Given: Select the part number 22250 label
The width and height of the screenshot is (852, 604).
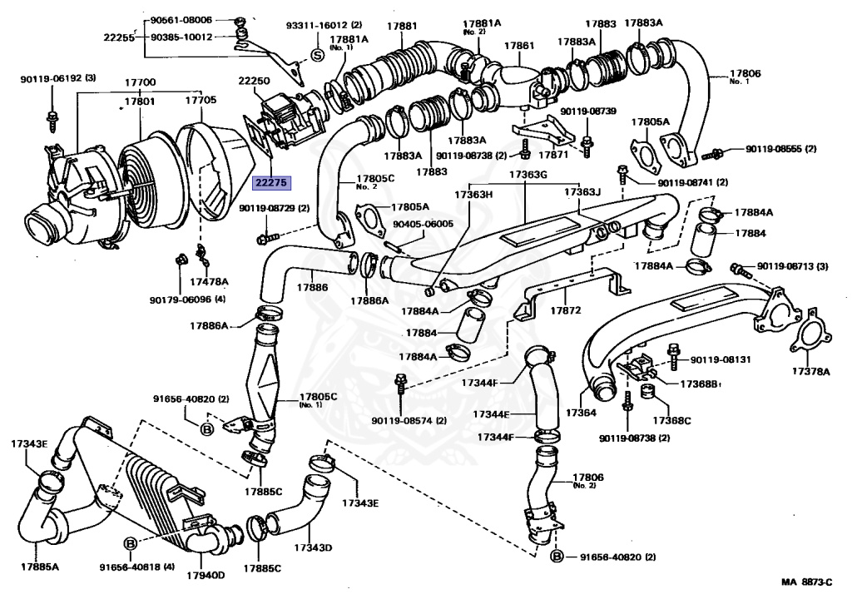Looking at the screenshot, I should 255,81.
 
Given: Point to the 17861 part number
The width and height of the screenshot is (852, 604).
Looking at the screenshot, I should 519,46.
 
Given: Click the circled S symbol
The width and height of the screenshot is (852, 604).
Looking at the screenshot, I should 316,56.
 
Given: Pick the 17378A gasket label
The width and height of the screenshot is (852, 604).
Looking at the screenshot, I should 810,370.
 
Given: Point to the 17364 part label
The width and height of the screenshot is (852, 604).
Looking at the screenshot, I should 582,413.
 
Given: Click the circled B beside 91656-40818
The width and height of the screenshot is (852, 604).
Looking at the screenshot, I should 130,544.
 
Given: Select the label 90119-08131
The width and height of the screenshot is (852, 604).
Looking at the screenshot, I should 721,360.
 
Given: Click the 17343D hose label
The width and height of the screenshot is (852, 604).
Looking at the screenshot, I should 313,547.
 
